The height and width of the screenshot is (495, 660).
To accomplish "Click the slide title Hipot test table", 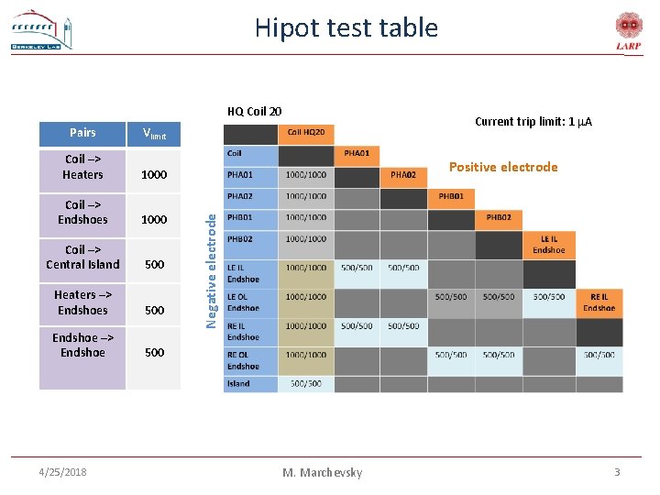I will [346, 27].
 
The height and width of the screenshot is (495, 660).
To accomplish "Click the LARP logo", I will [628, 32].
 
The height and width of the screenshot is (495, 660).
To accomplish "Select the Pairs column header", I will [82, 132].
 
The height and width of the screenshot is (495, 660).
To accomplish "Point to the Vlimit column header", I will [154, 134].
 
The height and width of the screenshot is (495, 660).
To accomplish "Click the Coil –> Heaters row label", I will [82, 167].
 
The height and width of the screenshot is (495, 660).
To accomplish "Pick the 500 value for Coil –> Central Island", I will [154, 265].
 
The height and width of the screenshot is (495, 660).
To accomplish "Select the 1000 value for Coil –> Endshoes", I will [154, 220].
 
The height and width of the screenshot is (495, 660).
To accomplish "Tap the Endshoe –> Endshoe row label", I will [82, 345].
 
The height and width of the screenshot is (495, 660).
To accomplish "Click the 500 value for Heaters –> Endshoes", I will [154, 310].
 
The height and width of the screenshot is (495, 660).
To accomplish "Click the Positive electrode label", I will [503, 167].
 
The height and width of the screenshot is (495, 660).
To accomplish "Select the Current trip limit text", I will [533, 121].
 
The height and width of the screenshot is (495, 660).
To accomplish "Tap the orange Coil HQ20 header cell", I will [306, 133].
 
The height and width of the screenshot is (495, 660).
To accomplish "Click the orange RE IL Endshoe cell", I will [599, 302].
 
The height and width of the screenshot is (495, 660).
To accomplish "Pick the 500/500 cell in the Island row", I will [305, 383].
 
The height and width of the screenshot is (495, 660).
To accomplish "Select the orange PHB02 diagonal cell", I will [499, 218].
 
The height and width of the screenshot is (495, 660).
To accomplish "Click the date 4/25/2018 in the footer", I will [64, 471].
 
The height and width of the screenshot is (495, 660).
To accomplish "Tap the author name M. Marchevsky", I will [322, 472].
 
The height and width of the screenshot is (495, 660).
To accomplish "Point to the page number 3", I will [617, 471].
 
